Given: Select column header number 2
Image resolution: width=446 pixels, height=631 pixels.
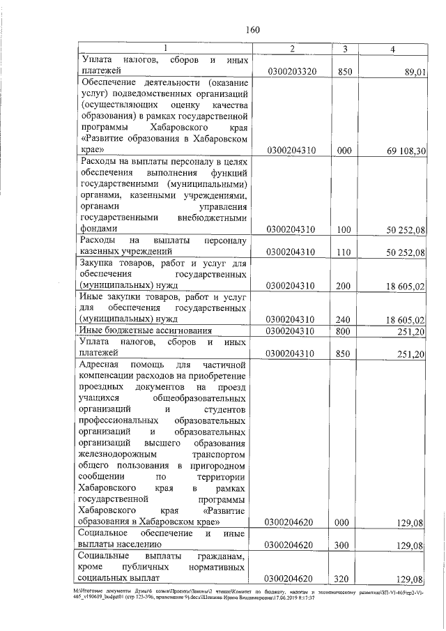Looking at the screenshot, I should [292, 48].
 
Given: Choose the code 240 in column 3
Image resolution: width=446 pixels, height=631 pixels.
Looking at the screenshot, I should [343, 319].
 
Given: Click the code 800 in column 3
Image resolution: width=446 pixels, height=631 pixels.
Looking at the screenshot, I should [343, 330].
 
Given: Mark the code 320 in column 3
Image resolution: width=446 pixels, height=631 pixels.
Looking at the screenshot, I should [343, 578].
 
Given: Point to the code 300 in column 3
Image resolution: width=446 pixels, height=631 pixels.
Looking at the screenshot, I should [343, 544].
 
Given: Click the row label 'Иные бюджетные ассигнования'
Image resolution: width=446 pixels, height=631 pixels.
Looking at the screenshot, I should [140, 330].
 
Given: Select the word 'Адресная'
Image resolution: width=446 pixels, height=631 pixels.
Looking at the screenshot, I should [101, 365].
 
